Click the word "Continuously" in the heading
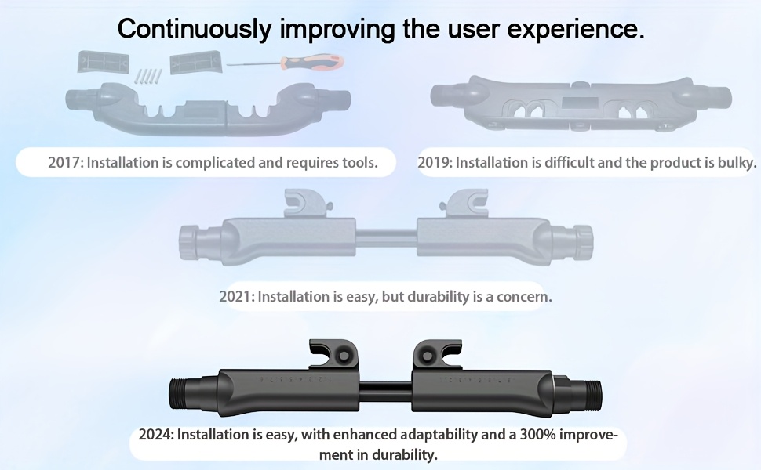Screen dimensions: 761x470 tap(195, 29)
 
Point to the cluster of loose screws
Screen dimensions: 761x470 tap(148, 76)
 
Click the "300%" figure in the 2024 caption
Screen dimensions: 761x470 tap(537, 434)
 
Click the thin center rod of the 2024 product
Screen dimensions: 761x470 tap(385, 392)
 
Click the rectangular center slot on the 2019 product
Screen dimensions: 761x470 tap(580, 103)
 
